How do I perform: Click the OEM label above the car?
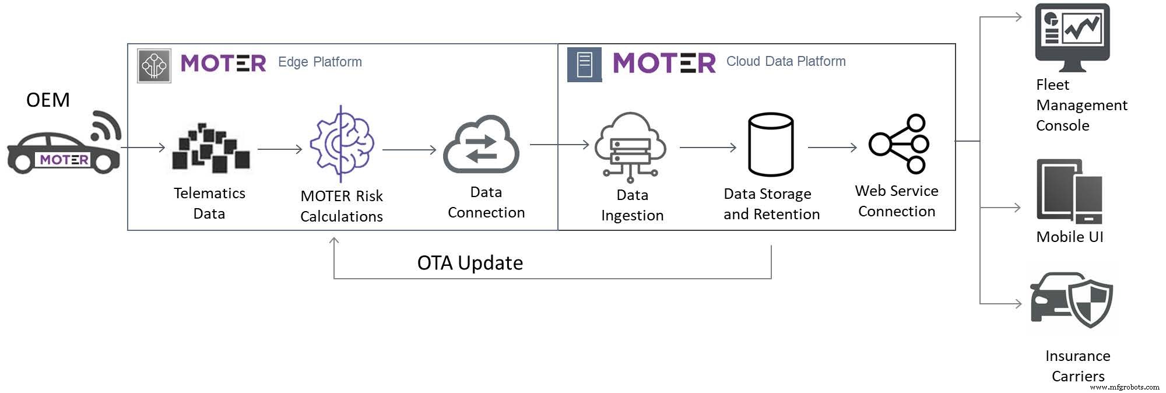click(x=48, y=100)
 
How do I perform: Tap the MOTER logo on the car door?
click(x=64, y=159)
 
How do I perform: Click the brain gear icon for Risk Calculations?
click(x=342, y=143)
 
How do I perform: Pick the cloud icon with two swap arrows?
click(x=481, y=146)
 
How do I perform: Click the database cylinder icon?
click(x=771, y=145)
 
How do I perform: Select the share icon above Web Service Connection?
click(x=899, y=143)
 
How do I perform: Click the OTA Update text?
click(x=470, y=263)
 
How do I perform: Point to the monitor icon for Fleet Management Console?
click(x=1072, y=36)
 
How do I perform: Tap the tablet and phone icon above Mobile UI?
click(x=1069, y=191)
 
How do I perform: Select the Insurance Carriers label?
click(x=1077, y=366)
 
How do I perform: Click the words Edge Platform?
click(x=319, y=62)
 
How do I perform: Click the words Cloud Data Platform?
click(x=785, y=61)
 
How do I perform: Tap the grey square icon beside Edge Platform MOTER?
click(x=154, y=66)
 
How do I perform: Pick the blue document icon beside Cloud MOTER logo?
click(x=584, y=64)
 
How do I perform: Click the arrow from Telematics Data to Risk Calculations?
click(x=280, y=149)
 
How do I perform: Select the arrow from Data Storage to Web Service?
click(x=832, y=148)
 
